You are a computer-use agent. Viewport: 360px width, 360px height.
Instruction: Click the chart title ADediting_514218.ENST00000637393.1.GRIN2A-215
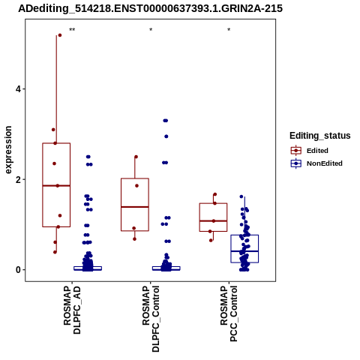(x=150, y=8)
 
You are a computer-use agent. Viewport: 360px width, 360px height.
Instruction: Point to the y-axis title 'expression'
(x=8, y=150)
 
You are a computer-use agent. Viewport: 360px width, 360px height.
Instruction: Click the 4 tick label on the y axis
(x=18, y=89)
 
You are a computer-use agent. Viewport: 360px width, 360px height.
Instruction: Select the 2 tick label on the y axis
(x=18, y=179)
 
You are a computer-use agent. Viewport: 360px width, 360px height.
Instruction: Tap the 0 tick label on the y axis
(x=18, y=270)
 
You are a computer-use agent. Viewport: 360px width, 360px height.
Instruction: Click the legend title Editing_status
(x=320, y=136)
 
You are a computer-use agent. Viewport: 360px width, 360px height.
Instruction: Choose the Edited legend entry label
(x=317, y=151)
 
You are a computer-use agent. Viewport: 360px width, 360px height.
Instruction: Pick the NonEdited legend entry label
(x=325, y=163)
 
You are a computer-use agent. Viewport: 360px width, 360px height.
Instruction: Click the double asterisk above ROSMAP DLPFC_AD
(x=72, y=30)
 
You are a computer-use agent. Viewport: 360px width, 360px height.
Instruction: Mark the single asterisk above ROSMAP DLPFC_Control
(x=151, y=30)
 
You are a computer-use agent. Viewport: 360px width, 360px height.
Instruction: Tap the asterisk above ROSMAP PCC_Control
(x=229, y=30)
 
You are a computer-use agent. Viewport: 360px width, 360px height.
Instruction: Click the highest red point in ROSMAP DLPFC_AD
(x=60, y=35)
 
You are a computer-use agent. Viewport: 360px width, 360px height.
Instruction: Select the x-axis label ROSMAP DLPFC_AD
(x=72, y=310)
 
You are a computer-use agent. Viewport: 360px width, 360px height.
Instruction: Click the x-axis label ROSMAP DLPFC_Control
(x=151, y=319)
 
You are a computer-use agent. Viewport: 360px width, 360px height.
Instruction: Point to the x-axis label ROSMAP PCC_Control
(x=229, y=314)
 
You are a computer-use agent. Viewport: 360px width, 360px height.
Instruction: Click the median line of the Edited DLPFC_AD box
(x=56, y=186)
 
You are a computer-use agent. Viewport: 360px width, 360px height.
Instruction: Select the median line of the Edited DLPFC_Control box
(x=135, y=207)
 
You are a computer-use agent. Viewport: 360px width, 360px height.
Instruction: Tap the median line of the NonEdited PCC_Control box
(x=244, y=251)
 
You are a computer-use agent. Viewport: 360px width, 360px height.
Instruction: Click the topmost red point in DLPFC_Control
(x=136, y=157)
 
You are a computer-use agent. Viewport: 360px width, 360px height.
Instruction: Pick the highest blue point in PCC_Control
(x=241, y=196)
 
